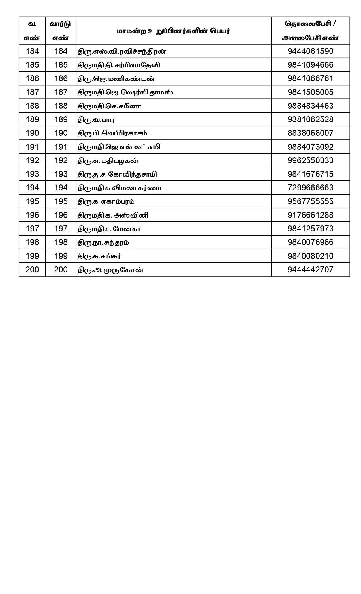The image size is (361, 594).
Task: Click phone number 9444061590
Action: tap(310, 51)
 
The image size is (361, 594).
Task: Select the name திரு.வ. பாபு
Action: tap(96, 120)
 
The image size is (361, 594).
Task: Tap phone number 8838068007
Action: tap(310, 133)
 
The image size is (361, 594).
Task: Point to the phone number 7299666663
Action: tap(310, 188)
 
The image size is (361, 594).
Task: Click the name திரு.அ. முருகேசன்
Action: tap(111, 270)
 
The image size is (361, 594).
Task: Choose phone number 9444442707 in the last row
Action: tap(310, 270)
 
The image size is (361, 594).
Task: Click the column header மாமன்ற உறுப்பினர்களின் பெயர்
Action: tap(173, 31)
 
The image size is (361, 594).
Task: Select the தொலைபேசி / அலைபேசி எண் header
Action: tap(310, 31)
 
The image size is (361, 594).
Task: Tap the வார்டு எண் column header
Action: tap(61, 31)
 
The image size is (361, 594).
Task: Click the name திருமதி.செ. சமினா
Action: tap(109, 106)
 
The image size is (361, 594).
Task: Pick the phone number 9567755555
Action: tap(310, 201)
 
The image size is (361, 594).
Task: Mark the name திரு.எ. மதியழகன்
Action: tap(108, 161)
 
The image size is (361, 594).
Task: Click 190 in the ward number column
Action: tap(61, 133)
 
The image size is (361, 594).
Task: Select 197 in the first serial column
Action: tap(32, 229)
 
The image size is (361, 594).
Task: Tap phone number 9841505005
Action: tap(310, 92)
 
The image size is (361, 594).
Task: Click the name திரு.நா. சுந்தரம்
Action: tap(104, 242)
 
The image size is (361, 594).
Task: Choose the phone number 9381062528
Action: tap(310, 119)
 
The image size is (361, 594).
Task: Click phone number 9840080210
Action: tap(310, 256)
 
